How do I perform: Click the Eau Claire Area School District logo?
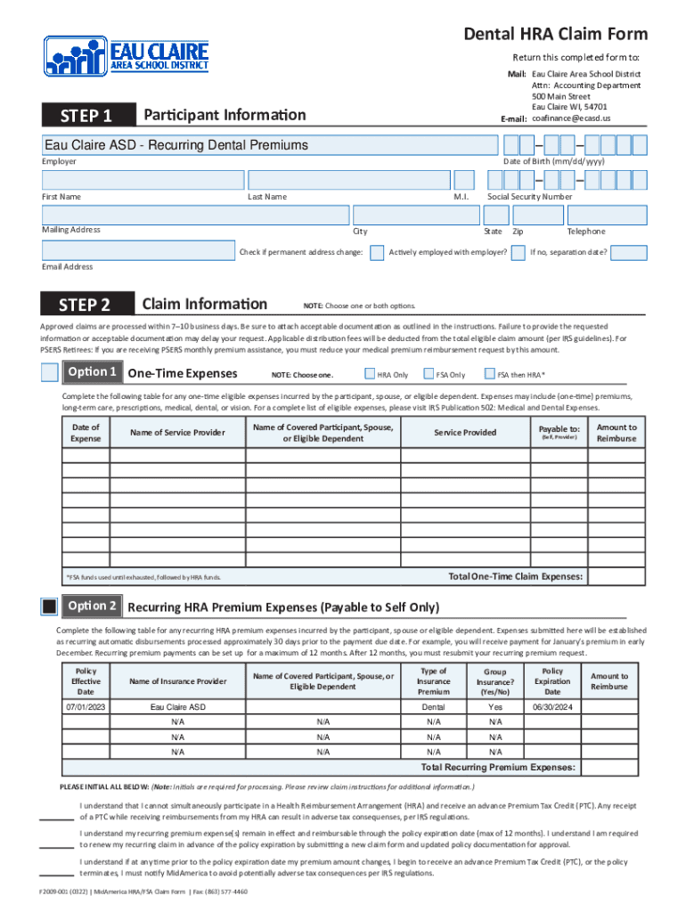pos(127,56)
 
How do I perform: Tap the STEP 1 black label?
pos(86,116)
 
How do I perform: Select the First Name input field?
pos(143,180)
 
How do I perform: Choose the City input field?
pos(414,215)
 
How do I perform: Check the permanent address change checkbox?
pos(377,253)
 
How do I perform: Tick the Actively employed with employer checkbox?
pos(517,253)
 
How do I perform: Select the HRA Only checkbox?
pos(370,374)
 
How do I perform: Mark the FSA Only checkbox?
pos(429,374)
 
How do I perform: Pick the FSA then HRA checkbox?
pos(488,374)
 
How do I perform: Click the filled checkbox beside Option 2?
pos(51,607)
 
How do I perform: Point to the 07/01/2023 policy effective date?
pos(86,706)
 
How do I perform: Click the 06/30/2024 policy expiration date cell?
pos(552,706)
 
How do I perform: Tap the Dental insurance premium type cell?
pos(434,706)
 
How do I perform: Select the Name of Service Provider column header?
pos(177,433)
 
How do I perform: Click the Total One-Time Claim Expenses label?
pos(516,577)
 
